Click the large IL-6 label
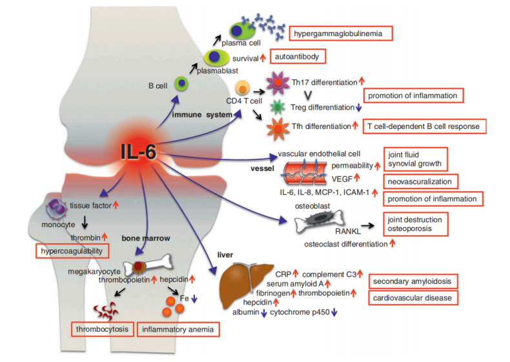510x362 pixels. tap(138, 152)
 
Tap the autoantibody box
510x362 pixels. tap(296, 57)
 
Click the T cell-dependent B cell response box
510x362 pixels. tap(423, 126)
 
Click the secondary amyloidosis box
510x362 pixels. tap(414, 282)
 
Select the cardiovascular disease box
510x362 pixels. tap(413, 297)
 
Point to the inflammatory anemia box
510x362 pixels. tap(179, 330)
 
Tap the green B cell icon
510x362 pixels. tap(183, 83)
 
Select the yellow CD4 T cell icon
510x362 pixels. tap(243, 86)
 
